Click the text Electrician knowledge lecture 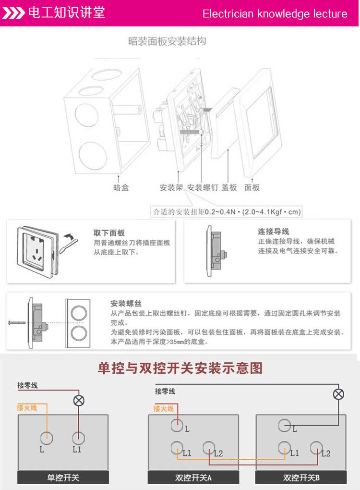275,13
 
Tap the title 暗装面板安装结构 167,41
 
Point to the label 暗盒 121,187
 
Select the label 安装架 172,187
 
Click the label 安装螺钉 202,187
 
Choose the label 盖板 229,187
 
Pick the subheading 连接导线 274,232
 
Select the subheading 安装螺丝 126,303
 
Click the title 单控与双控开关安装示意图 180,368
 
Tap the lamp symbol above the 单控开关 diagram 78,400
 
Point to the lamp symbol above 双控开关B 339,394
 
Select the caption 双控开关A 193,478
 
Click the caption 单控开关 63,478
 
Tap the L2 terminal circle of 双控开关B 315,448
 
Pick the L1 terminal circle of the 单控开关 78,437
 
